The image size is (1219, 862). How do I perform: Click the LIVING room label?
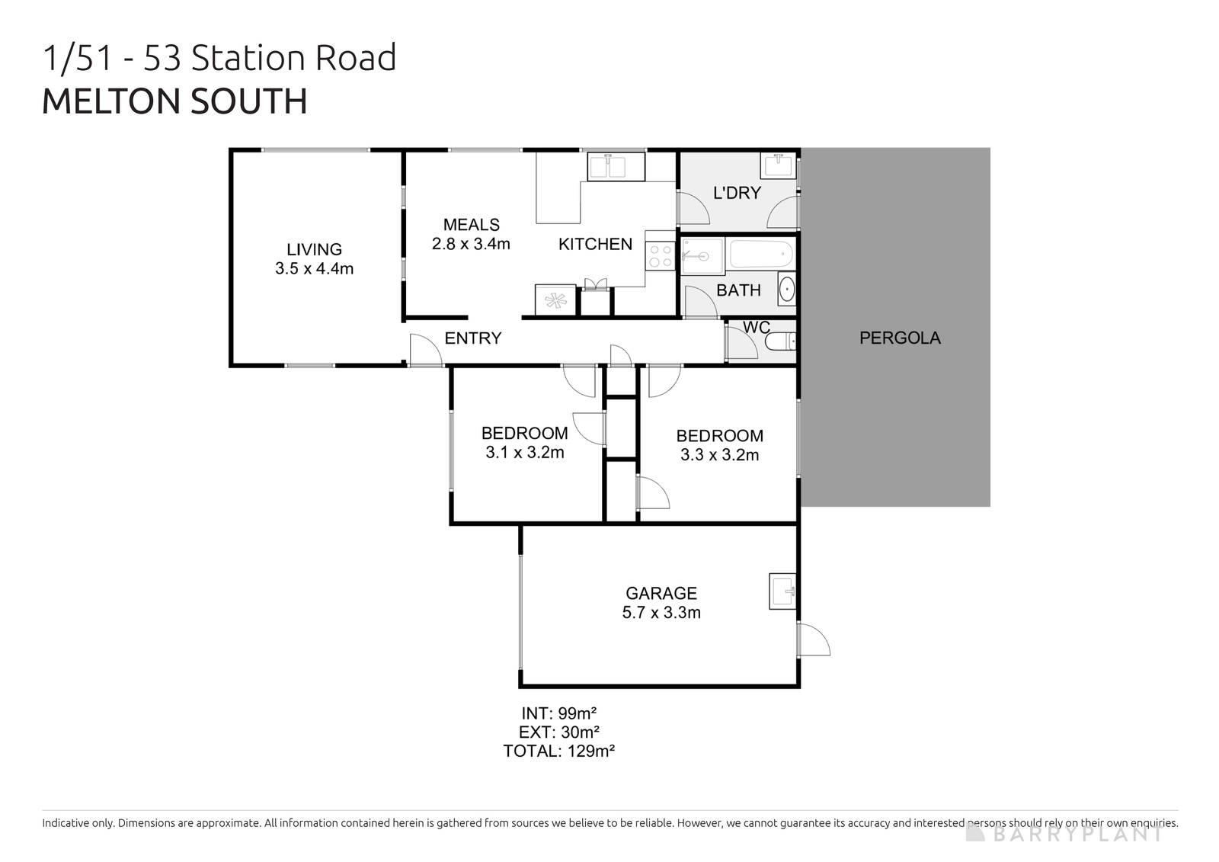(x=314, y=249)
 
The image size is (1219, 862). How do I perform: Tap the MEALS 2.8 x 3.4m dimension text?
(x=470, y=245)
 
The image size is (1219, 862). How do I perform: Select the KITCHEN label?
(x=595, y=244)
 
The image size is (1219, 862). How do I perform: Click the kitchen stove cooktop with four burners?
(x=660, y=255)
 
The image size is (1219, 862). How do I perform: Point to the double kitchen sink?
(x=616, y=165)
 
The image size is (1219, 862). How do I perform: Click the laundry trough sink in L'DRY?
(x=778, y=165)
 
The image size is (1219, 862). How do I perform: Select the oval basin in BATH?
(x=786, y=290)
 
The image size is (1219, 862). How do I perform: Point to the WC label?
(x=756, y=328)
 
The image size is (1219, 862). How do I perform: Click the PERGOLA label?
(x=899, y=338)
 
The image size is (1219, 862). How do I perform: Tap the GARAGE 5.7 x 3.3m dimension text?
(x=661, y=613)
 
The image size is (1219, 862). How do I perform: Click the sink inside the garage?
(x=782, y=591)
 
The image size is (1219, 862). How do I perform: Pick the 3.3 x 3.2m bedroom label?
(x=719, y=455)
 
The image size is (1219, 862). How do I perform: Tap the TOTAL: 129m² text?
(x=558, y=751)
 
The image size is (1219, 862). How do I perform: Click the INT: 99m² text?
(x=558, y=713)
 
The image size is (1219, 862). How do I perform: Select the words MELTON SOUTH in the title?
(x=174, y=102)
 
